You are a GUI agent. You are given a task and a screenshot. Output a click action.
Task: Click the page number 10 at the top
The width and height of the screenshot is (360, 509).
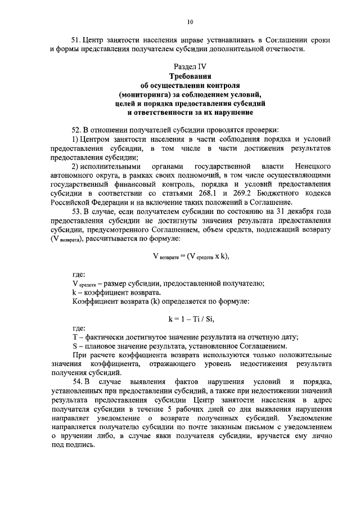point(190,22)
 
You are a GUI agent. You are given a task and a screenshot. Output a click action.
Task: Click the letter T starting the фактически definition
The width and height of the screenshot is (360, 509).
point(75,337)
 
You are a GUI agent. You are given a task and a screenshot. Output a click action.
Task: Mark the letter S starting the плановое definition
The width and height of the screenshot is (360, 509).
point(75,346)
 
